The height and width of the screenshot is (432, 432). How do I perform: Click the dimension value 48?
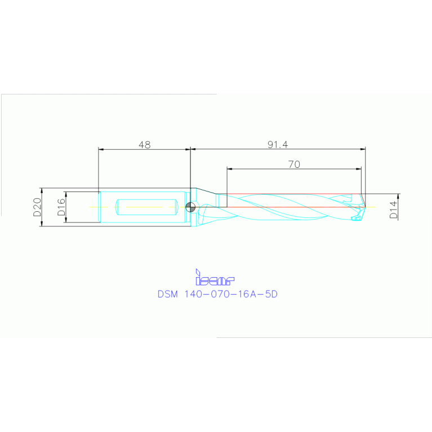(x=144, y=145)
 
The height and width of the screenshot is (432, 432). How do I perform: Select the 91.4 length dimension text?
(x=277, y=145)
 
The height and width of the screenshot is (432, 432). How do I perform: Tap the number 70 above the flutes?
(x=293, y=164)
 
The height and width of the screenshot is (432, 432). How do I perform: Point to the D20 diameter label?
(x=37, y=207)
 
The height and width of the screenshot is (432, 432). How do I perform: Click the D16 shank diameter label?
(x=61, y=207)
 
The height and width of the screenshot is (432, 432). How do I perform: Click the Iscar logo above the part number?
(x=214, y=277)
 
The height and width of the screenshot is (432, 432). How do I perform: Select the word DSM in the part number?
(x=168, y=294)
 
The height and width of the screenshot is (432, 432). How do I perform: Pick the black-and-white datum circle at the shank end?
(x=191, y=207)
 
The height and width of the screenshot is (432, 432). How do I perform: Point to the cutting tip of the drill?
(x=366, y=207)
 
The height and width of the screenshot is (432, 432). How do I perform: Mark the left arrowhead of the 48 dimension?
(x=101, y=149)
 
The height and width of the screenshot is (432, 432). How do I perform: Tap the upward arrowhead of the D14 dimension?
(x=398, y=196)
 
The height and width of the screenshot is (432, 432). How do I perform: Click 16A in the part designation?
(x=246, y=294)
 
